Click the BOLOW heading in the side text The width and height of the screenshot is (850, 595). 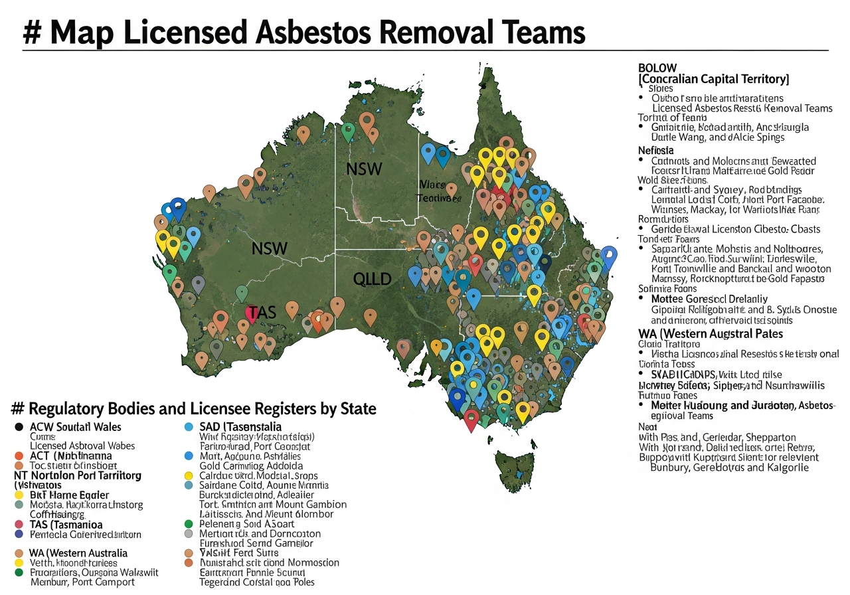(657, 68)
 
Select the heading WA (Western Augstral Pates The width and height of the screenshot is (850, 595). (710, 333)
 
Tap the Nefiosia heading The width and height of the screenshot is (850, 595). (656, 150)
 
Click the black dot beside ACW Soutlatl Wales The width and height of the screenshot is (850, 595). (19, 427)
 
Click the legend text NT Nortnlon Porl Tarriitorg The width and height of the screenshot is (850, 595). (78, 475)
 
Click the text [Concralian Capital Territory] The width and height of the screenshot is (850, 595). (713, 79)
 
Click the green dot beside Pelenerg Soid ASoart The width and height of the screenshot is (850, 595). (188, 524)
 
